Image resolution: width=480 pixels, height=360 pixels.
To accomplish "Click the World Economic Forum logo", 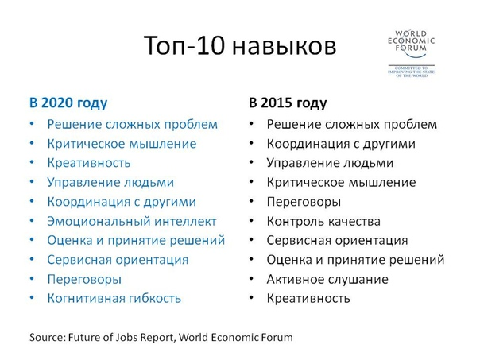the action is point(411,53).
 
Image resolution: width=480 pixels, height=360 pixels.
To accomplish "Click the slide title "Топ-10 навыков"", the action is point(240,45).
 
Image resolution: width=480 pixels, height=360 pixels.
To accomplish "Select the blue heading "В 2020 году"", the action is point(68,103).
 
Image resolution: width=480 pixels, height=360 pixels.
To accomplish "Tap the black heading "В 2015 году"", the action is point(288,103).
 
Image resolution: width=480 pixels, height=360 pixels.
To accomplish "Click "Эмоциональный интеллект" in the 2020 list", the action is point(132,222).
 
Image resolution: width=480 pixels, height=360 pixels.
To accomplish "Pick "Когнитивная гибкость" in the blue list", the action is point(114,299).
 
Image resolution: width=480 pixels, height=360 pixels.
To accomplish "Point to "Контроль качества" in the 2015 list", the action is point(323,222).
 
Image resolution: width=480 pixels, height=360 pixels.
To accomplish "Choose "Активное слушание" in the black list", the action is point(327,279).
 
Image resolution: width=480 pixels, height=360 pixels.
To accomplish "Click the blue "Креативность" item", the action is point(89,163).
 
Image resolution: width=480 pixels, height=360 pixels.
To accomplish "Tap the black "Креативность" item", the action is point(308,299).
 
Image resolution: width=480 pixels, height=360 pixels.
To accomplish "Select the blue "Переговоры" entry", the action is point(84,280).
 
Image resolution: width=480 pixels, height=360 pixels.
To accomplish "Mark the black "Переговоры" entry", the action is point(304,202).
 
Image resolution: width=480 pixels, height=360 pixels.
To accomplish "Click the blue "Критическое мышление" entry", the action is point(122,144).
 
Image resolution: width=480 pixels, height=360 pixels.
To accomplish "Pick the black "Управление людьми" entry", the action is point(330,163).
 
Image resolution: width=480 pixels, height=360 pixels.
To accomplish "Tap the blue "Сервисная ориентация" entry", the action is point(118,260).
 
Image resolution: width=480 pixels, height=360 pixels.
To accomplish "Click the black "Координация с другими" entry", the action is point(341,144).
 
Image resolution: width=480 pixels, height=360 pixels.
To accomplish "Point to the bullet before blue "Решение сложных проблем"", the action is point(32,124).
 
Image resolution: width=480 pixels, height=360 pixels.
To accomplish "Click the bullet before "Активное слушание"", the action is point(251,279).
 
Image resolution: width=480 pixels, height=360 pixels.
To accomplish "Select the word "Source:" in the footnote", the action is point(48,337).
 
